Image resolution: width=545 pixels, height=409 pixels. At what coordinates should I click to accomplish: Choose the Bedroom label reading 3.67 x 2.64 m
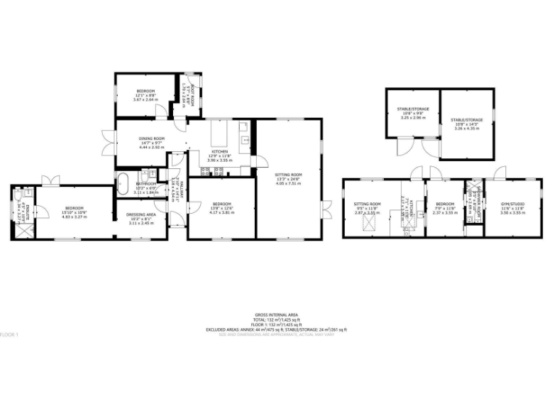point(144,96)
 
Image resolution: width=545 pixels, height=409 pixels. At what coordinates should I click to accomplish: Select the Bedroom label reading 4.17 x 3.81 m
point(221,208)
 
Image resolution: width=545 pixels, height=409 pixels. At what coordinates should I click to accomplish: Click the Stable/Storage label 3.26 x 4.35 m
point(466,124)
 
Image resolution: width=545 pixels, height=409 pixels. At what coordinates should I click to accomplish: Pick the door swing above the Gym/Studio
point(500,173)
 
